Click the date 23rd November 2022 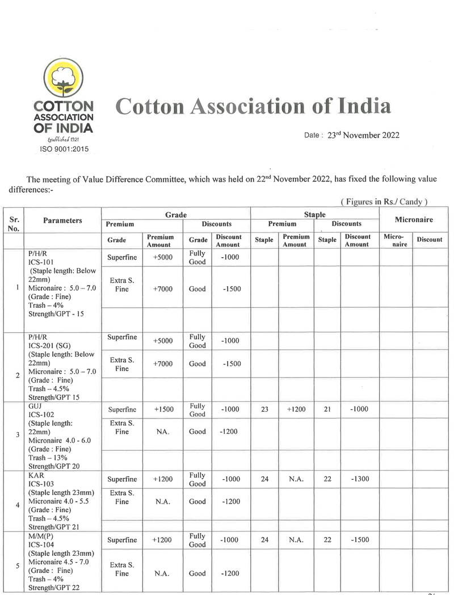click(363, 135)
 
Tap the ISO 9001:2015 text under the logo click(64, 149)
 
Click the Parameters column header click(62, 220)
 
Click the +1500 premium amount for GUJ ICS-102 click(163, 409)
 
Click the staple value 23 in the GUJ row click(264, 409)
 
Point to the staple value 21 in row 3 click(327, 409)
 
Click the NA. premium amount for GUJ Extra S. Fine click(163, 431)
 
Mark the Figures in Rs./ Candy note click(384, 202)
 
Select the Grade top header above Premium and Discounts click(175, 215)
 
